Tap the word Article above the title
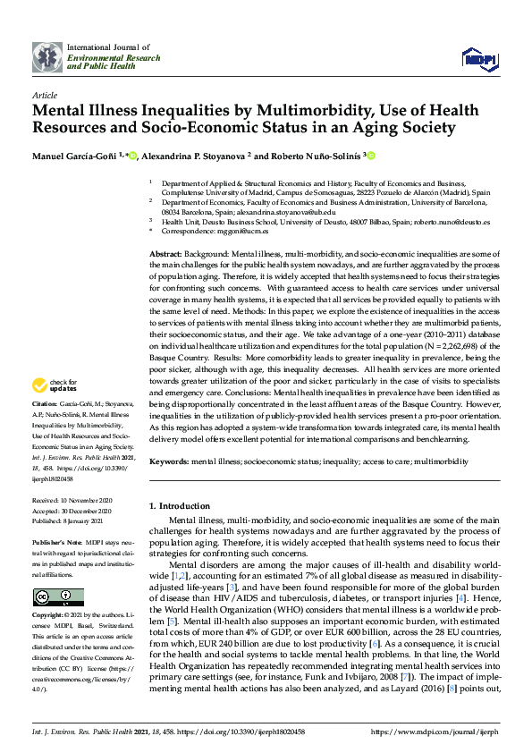click(x=44, y=94)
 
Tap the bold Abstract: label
click(x=166, y=255)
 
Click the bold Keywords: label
click(x=169, y=461)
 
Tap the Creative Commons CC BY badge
click(x=57, y=596)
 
